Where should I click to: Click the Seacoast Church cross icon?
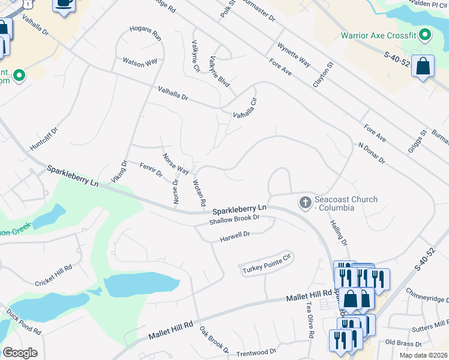[x=306, y=203]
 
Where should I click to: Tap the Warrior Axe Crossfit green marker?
[x=425, y=35]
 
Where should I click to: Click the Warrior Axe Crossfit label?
[x=378, y=35]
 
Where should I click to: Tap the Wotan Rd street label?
[x=200, y=193]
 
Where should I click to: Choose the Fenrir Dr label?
[x=151, y=170]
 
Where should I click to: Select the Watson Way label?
[x=140, y=61]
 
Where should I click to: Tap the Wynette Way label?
[x=294, y=55]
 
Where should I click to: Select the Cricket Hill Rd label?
[x=53, y=275]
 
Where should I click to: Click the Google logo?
[x=20, y=353]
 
